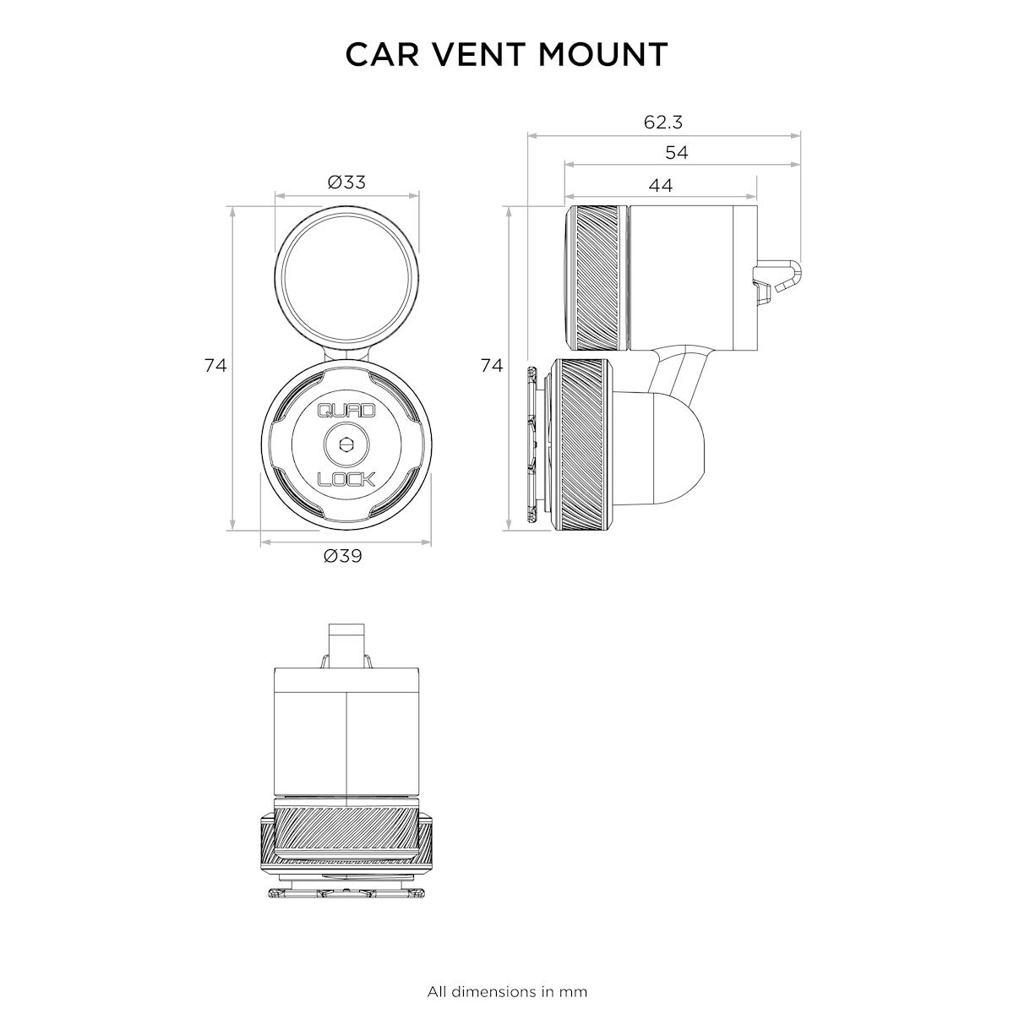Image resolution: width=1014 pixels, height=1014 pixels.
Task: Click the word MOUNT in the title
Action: (x=603, y=54)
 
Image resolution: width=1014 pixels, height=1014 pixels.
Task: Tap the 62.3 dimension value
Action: (x=663, y=122)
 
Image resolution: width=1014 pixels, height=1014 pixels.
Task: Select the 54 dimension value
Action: (x=677, y=153)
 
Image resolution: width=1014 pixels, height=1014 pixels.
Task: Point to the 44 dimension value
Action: (x=661, y=185)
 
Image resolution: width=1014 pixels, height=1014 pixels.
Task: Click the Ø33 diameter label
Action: (x=346, y=182)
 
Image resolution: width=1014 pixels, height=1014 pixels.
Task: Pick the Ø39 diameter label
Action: (x=343, y=556)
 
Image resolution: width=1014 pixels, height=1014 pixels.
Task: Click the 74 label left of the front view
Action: (x=215, y=365)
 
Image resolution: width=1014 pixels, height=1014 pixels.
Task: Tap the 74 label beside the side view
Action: (x=492, y=365)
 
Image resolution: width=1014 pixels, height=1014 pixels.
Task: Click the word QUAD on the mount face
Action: (x=346, y=410)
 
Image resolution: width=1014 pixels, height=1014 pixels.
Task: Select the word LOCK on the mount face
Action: (x=346, y=479)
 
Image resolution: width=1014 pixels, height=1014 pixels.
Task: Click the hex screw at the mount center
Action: (x=346, y=444)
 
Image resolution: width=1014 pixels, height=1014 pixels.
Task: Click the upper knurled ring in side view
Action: (x=597, y=277)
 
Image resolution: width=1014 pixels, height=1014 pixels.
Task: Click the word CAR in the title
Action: (x=382, y=54)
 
